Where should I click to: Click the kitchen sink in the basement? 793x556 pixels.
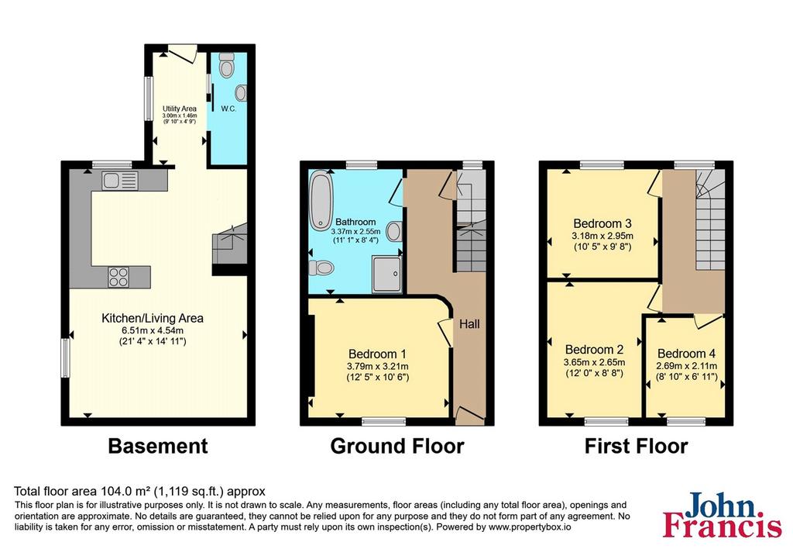(x=119, y=181)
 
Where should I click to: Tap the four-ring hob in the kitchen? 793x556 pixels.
(x=118, y=277)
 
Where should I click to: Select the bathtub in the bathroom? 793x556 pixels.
(x=321, y=200)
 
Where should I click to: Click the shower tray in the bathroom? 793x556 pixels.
(x=387, y=274)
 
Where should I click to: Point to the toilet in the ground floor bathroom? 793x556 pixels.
(x=321, y=267)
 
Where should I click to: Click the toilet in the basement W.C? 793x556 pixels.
(x=227, y=66)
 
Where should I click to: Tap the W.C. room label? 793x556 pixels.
(x=228, y=109)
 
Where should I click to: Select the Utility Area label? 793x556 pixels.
(x=180, y=109)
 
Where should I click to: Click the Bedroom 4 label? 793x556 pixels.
(x=686, y=354)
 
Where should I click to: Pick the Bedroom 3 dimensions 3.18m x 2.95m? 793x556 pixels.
(x=602, y=236)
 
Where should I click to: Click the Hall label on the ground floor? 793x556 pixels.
(x=469, y=324)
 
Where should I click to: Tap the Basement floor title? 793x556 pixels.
(x=158, y=446)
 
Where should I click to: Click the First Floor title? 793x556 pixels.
(x=637, y=446)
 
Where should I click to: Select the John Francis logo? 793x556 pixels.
(x=723, y=514)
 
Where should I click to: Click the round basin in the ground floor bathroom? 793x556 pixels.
(x=394, y=232)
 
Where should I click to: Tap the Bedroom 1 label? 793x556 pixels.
(x=377, y=354)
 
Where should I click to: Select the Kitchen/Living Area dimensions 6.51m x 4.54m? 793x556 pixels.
(x=153, y=330)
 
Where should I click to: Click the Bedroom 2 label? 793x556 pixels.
(x=594, y=350)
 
